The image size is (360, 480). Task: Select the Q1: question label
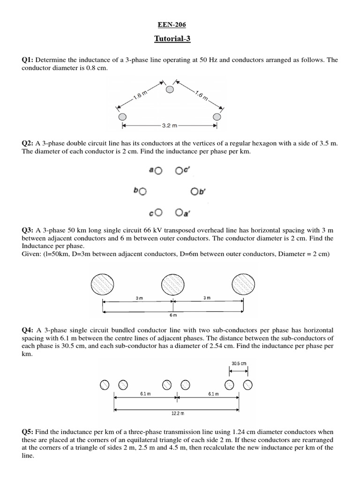pyautogui.click(x=28, y=60)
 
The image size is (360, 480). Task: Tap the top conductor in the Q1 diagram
pyautogui.click(x=170, y=89)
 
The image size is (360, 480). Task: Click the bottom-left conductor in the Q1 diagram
pyautogui.click(x=122, y=116)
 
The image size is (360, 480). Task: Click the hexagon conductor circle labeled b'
pyautogui.click(x=195, y=191)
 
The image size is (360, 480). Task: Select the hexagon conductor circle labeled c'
pyautogui.click(x=179, y=171)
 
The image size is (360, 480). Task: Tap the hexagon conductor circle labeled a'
pyautogui.click(x=179, y=212)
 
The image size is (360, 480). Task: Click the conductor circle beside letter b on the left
pyautogui.click(x=142, y=191)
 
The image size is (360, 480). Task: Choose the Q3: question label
pyautogui.click(x=28, y=230)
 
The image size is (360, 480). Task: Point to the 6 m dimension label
pyautogui.click(x=173, y=316)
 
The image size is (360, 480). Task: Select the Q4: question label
pyautogui.click(x=28, y=330)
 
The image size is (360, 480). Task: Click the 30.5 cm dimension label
pyautogui.click(x=238, y=363)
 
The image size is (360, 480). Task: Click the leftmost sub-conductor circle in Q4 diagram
pyautogui.click(x=105, y=385)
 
